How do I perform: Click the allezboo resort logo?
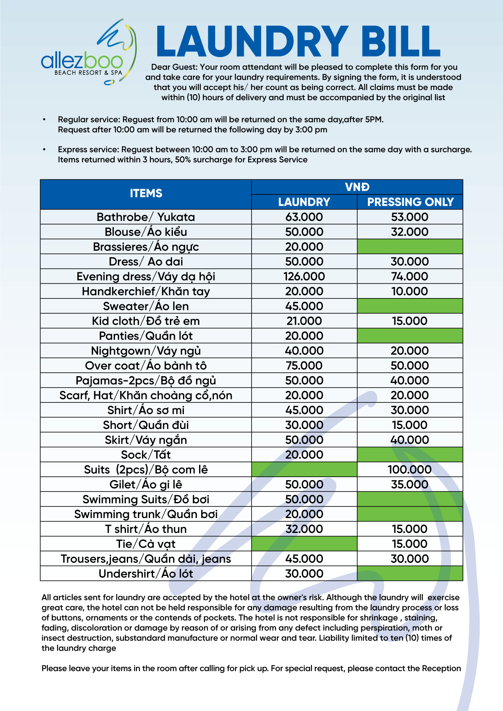tap(89, 52)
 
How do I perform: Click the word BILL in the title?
tap(400, 41)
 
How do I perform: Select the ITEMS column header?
tap(146, 193)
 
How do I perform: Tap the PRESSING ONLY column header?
tap(410, 202)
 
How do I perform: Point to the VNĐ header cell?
tap(357, 187)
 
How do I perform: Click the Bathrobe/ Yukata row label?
tap(146, 217)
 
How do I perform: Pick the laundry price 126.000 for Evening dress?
tap(304, 276)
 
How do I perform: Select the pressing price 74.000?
tap(410, 276)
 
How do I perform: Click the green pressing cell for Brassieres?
tap(410, 247)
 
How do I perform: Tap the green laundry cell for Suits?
tap(304, 469)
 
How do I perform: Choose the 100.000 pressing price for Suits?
tap(410, 469)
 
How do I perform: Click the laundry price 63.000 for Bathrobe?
tap(304, 217)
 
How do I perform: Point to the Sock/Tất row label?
tap(146, 455)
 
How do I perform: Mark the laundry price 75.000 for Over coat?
tap(304, 365)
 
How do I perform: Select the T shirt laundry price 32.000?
tap(304, 529)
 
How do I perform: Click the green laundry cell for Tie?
tap(304, 544)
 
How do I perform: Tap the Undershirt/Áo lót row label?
tap(146, 573)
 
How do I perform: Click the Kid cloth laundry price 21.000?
tap(304, 321)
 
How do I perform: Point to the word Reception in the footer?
tap(441, 668)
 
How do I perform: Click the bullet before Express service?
tap(44, 149)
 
